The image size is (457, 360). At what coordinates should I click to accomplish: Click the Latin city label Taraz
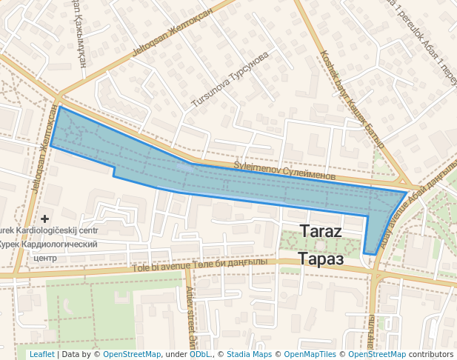tap(320, 231)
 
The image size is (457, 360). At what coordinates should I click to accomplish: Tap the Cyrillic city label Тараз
tap(321, 259)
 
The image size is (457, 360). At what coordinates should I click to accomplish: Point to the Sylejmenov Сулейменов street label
tap(284, 172)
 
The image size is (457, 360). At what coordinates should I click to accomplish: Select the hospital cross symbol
tap(45, 219)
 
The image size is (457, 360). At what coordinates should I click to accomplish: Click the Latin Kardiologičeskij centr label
tap(50, 231)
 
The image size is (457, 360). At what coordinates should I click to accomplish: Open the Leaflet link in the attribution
tap(41, 355)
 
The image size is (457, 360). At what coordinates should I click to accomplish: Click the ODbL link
tap(199, 355)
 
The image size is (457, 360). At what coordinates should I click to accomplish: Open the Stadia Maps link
tap(249, 355)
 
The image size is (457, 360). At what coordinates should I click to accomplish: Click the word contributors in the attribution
tap(431, 355)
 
